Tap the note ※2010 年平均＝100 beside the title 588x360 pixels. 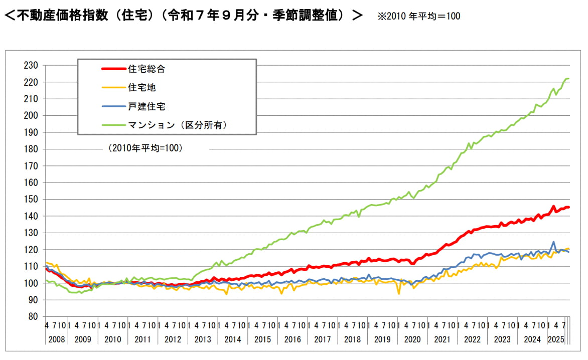(419, 16)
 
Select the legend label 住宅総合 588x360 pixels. (146, 69)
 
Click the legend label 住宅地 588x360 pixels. (142, 88)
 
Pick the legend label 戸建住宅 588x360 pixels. (146, 106)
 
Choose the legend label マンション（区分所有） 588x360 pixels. (178, 125)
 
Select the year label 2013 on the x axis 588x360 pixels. (203, 339)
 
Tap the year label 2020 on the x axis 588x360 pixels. (412, 339)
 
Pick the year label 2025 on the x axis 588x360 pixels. (556, 339)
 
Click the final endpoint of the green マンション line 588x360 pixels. (568, 79)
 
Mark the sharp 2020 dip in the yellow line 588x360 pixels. (399, 293)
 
